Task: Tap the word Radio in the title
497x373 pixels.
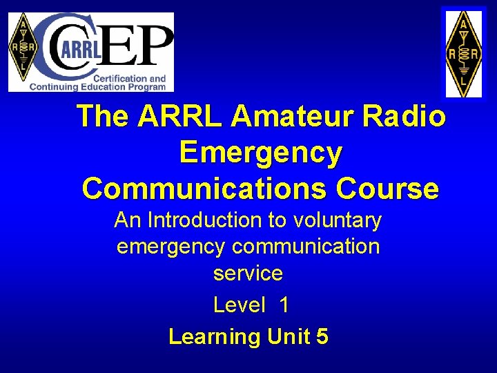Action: [407, 117]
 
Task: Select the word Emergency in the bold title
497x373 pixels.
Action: [260, 153]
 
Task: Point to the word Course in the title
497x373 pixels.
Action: [387, 188]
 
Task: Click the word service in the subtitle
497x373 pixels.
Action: [248, 273]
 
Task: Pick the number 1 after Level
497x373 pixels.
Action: [284, 305]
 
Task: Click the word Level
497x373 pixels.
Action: [239, 305]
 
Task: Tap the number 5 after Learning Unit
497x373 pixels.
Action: [322, 336]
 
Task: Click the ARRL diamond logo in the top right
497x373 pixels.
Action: [464, 53]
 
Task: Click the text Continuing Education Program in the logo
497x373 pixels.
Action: [97, 87]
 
